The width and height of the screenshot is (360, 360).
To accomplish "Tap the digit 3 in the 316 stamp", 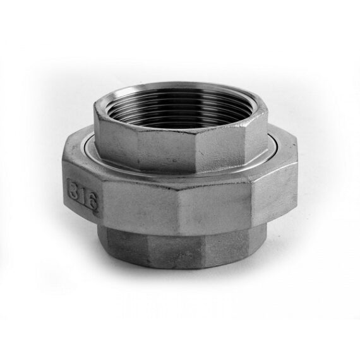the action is [x=74, y=188].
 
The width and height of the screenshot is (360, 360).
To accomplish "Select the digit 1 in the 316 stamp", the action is [x=83, y=195].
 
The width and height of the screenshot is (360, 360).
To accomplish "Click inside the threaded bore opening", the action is [x=181, y=108].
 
